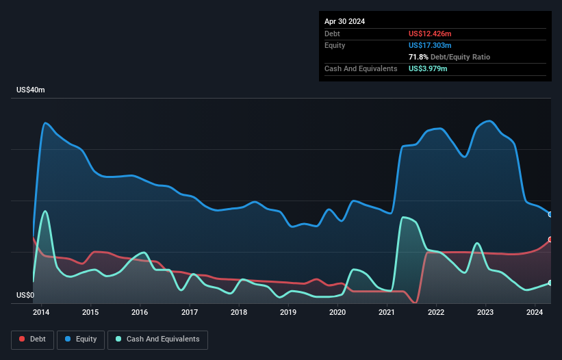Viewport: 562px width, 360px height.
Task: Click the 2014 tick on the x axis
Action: click(41, 312)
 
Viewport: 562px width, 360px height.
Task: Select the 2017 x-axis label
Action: click(190, 312)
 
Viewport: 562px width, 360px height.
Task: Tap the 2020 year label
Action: click(337, 312)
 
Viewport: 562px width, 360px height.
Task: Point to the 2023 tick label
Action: click(485, 312)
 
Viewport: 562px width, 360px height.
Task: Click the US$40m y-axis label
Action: click(31, 90)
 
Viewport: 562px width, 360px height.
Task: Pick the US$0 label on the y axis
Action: click(25, 296)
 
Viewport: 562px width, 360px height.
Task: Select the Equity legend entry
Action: click(81, 339)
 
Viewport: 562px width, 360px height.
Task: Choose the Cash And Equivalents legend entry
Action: click(157, 339)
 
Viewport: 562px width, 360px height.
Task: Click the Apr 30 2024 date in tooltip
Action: click(345, 21)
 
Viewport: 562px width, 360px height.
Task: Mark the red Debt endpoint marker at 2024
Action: click(550, 240)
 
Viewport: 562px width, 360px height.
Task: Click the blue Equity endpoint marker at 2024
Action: click(550, 214)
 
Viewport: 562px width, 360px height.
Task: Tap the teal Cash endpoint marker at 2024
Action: click(550, 283)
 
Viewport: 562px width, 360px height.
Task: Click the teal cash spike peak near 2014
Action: click(45, 211)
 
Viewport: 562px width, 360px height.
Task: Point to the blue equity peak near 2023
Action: click(487, 121)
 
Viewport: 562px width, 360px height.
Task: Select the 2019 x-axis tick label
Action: click(288, 312)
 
